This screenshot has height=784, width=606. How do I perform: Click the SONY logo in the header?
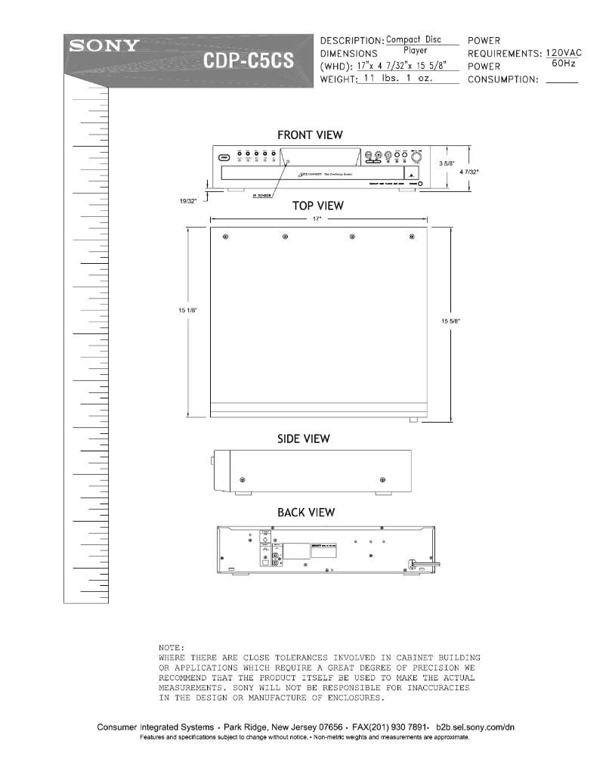pyautogui.click(x=104, y=45)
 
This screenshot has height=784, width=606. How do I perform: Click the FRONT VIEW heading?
pyautogui.click(x=310, y=135)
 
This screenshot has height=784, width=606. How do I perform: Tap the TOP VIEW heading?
pyautogui.click(x=318, y=206)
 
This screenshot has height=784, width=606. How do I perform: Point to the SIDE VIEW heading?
pyautogui.click(x=304, y=438)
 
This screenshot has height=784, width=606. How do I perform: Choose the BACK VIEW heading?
pyautogui.click(x=306, y=513)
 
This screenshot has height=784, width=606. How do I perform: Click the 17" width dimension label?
pyautogui.click(x=318, y=219)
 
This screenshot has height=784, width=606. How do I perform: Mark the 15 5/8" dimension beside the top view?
pyautogui.click(x=450, y=321)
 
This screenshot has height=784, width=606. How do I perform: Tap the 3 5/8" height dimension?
pyautogui.click(x=447, y=163)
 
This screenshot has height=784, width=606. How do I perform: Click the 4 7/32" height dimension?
pyautogui.click(x=468, y=172)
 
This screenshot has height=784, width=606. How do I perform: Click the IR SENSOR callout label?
pyautogui.click(x=262, y=195)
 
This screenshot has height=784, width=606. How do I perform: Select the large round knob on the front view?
pyautogui.click(x=416, y=159)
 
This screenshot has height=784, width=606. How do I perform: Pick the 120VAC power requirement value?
pyautogui.click(x=563, y=53)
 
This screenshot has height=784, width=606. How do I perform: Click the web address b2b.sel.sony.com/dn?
pyautogui.click(x=477, y=727)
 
